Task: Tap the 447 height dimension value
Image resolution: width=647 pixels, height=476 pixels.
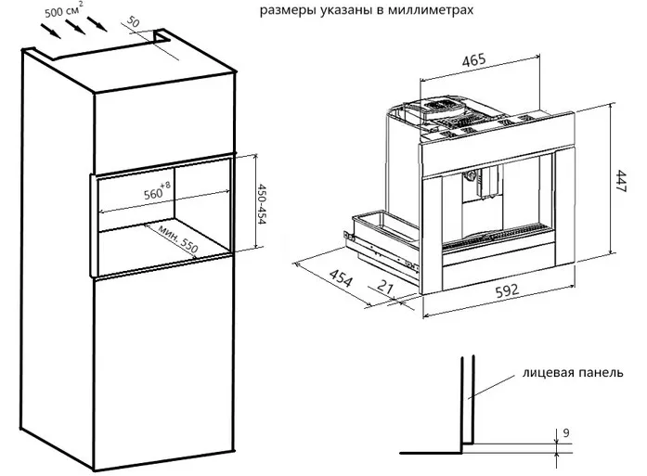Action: click(x=625, y=178)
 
